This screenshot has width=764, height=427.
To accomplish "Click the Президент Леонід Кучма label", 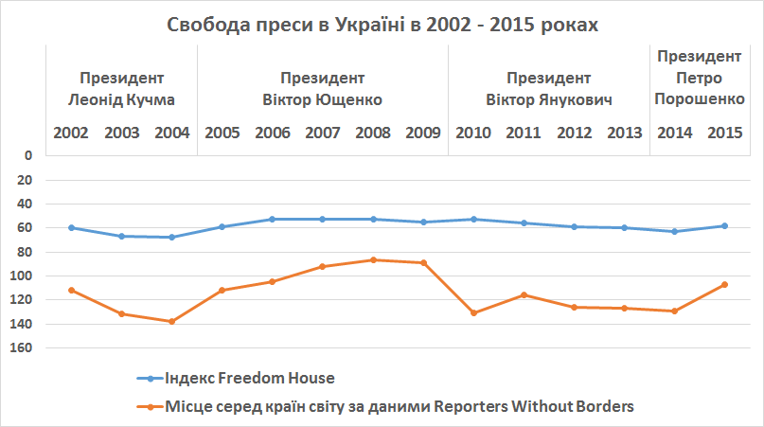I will pos(122,88).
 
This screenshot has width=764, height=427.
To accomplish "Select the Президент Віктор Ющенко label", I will pos(322,88).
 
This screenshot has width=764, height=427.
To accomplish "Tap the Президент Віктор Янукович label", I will pos(549,88).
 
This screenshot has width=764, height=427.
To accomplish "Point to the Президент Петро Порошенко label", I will pos(700,77).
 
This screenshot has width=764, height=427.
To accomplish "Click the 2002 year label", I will pos(72,133).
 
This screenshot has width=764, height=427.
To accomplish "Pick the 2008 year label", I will pos(373,133).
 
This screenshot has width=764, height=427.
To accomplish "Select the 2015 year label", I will pos(724,133).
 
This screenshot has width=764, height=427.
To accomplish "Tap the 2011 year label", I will pos(524,133).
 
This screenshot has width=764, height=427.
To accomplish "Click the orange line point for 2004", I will pos(171,321).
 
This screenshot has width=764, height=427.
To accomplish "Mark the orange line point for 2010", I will pos(473,312).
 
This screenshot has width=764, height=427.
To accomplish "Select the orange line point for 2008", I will pos(373,259).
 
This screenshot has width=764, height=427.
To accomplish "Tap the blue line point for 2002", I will pos(72,227).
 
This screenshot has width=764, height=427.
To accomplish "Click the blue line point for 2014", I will pos(674,231).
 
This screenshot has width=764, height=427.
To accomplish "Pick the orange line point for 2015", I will pos(724,284).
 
